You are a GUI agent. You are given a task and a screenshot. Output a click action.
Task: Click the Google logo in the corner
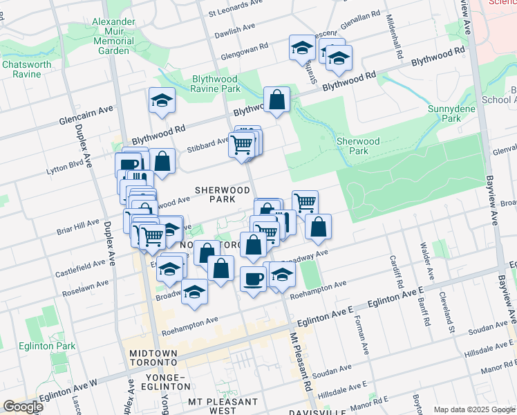click(x=23, y=406)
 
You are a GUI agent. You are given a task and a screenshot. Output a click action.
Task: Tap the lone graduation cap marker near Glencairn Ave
click(x=161, y=101)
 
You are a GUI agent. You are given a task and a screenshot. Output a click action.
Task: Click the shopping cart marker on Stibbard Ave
click(x=241, y=145)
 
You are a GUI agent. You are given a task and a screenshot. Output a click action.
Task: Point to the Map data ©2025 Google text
click(x=474, y=409)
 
